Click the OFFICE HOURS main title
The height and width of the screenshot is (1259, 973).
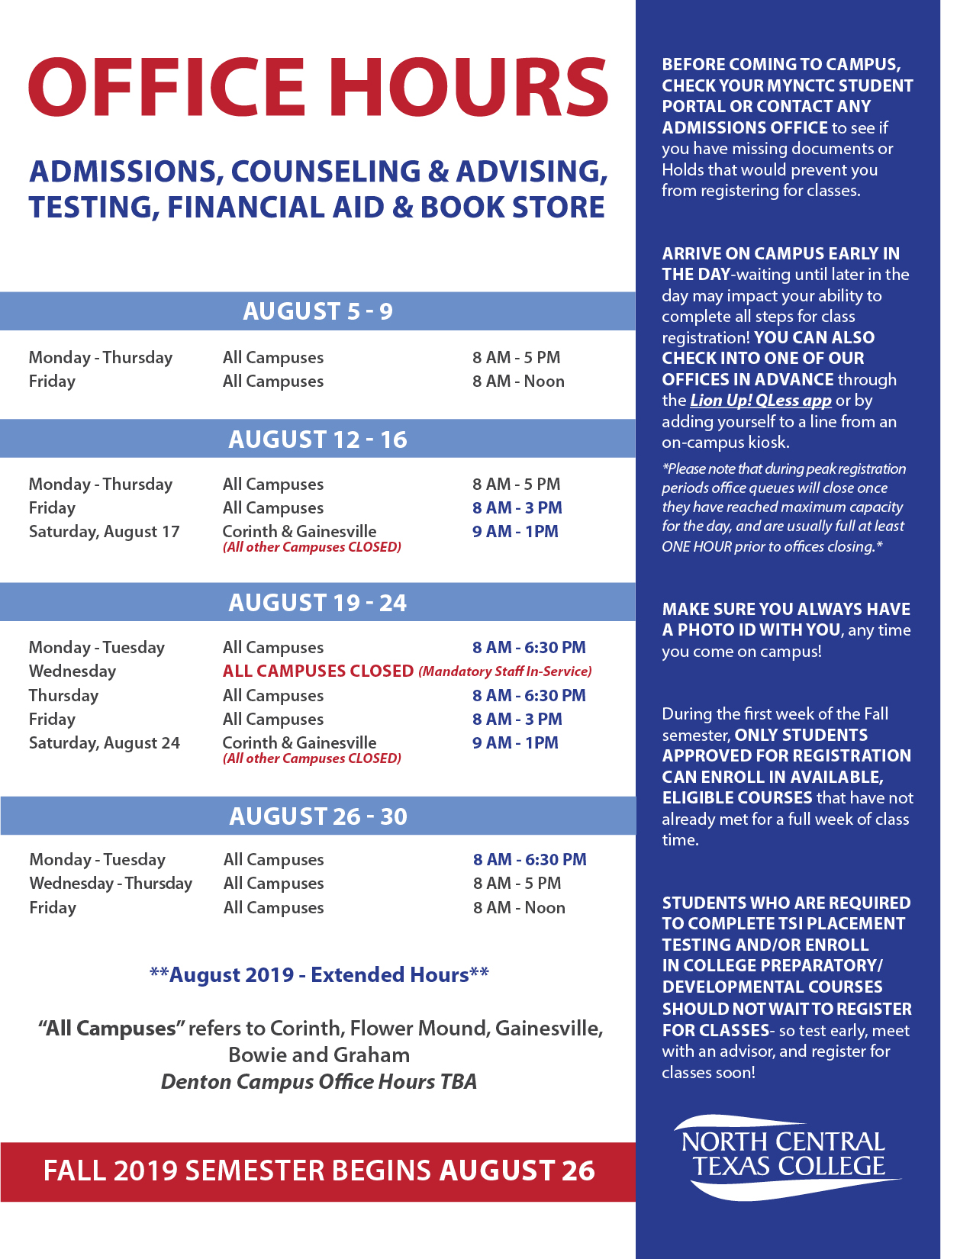click(x=318, y=88)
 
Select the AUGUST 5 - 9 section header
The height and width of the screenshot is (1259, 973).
click(x=317, y=311)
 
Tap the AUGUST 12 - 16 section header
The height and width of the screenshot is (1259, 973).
click(x=317, y=440)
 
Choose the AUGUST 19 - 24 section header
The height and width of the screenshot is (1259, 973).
click(x=317, y=603)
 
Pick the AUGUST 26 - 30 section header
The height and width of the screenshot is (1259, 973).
click(x=318, y=816)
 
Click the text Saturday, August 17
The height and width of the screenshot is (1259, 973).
click(x=104, y=532)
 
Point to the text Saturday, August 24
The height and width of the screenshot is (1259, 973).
click(x=104, y=743)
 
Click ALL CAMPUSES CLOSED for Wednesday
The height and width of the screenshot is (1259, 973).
click(x=317, y=671)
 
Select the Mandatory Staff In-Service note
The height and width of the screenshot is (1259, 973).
click(x=505, y=671)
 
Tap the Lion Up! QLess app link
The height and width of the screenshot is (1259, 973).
click(x=760, y=401)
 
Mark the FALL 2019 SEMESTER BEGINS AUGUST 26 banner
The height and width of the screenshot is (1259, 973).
click(x=318, y=1171)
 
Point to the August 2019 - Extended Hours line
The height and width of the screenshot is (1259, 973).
click(x=319, y=975)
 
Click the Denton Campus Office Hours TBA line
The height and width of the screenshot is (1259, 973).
click(x=319, y=1082)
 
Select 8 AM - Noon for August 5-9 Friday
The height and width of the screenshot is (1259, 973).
click(x=518, y=382)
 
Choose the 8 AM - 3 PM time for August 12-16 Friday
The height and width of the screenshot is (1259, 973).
click(x=517, y=508)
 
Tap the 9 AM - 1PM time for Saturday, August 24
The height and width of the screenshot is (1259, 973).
click(x=515, y=743)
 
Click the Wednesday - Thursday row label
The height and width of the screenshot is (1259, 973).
click(x=111, y=884)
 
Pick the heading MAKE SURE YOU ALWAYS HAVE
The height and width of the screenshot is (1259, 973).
click(x=786, y=609)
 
